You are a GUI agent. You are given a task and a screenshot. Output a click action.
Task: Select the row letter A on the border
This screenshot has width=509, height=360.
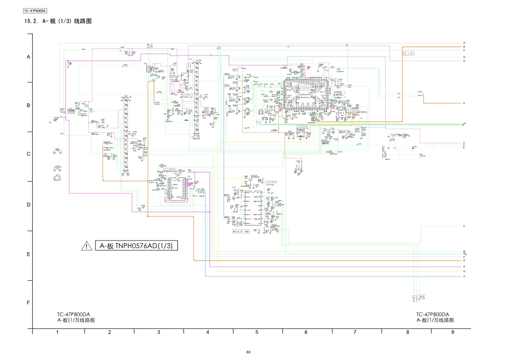point(28,56)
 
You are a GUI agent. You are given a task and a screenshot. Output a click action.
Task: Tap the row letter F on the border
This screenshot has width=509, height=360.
point(28,303)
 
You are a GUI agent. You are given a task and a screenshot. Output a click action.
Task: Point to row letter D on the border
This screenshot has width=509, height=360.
point(28,204)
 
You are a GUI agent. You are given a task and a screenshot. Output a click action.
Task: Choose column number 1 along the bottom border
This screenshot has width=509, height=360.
point(57,332)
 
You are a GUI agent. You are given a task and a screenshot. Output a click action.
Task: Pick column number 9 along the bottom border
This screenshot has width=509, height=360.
point(452,332)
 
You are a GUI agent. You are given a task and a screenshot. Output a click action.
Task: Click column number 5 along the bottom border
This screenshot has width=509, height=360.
point(257,332)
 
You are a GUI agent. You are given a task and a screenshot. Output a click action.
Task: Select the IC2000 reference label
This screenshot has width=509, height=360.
point(302,127)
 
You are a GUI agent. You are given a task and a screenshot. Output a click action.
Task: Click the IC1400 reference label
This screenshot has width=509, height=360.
point(170,169)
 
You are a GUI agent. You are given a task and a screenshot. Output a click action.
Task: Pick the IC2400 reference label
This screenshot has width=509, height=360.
point(271,182)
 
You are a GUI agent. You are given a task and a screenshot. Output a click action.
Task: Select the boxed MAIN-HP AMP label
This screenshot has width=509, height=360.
point(242,232)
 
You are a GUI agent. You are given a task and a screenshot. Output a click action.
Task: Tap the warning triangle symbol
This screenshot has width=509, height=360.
point(87,246)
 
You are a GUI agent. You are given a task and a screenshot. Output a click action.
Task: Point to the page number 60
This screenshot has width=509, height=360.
point(248,352)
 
